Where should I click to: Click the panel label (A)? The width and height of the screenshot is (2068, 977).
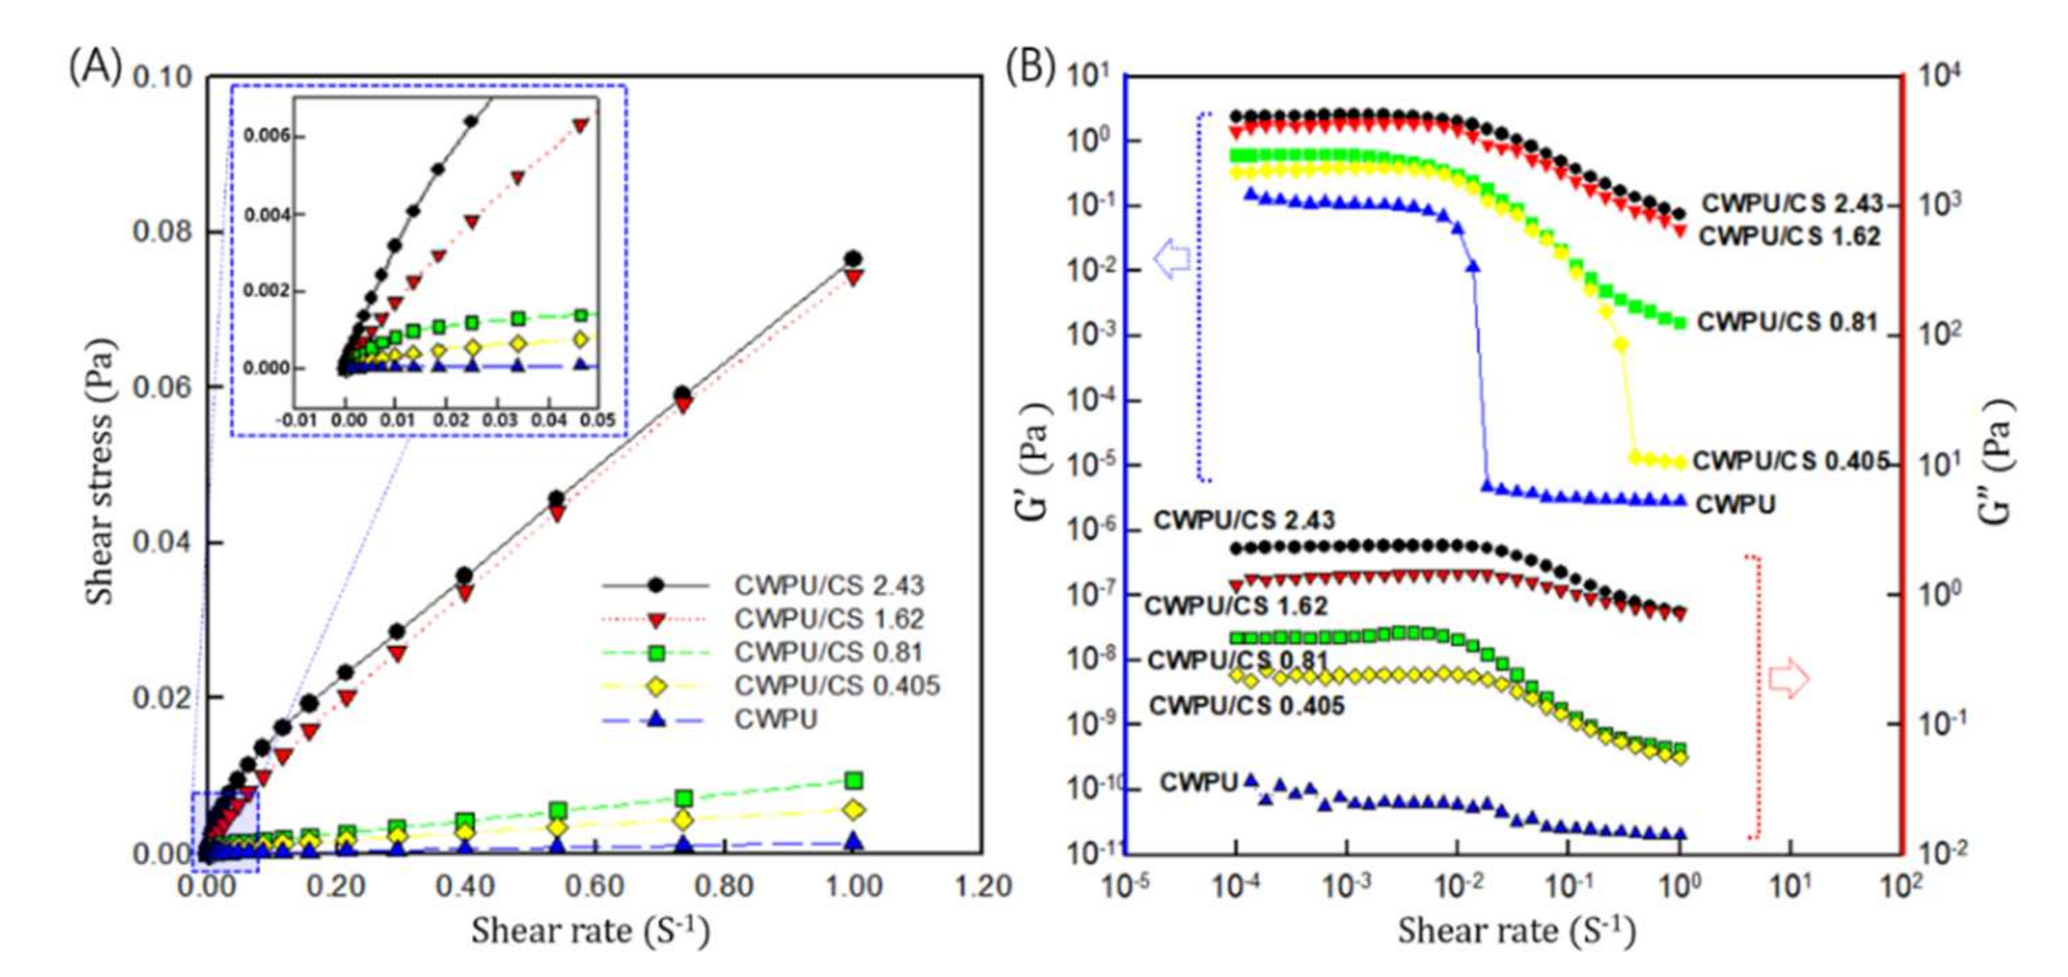tap(95, 68)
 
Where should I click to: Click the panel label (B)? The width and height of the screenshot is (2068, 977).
tap(1030, 68)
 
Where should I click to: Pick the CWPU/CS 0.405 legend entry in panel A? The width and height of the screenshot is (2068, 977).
tap(835, 686)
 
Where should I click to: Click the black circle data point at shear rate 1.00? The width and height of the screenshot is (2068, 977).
tap(854, 259)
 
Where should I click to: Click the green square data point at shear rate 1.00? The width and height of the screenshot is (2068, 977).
tap(854, 780)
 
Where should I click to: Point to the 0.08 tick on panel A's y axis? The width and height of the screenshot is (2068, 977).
tap(162, 231)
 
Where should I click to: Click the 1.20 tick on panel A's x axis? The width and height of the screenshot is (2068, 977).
tap(982, 887)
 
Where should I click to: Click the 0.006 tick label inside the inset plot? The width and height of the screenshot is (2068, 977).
tap(267, 137)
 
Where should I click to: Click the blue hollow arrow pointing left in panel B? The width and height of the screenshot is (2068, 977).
tap(1172, 259)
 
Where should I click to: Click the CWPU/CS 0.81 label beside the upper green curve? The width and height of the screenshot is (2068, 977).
tap(1787, 323)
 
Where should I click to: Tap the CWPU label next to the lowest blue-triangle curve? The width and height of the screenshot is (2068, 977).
tap(1198, 782)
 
